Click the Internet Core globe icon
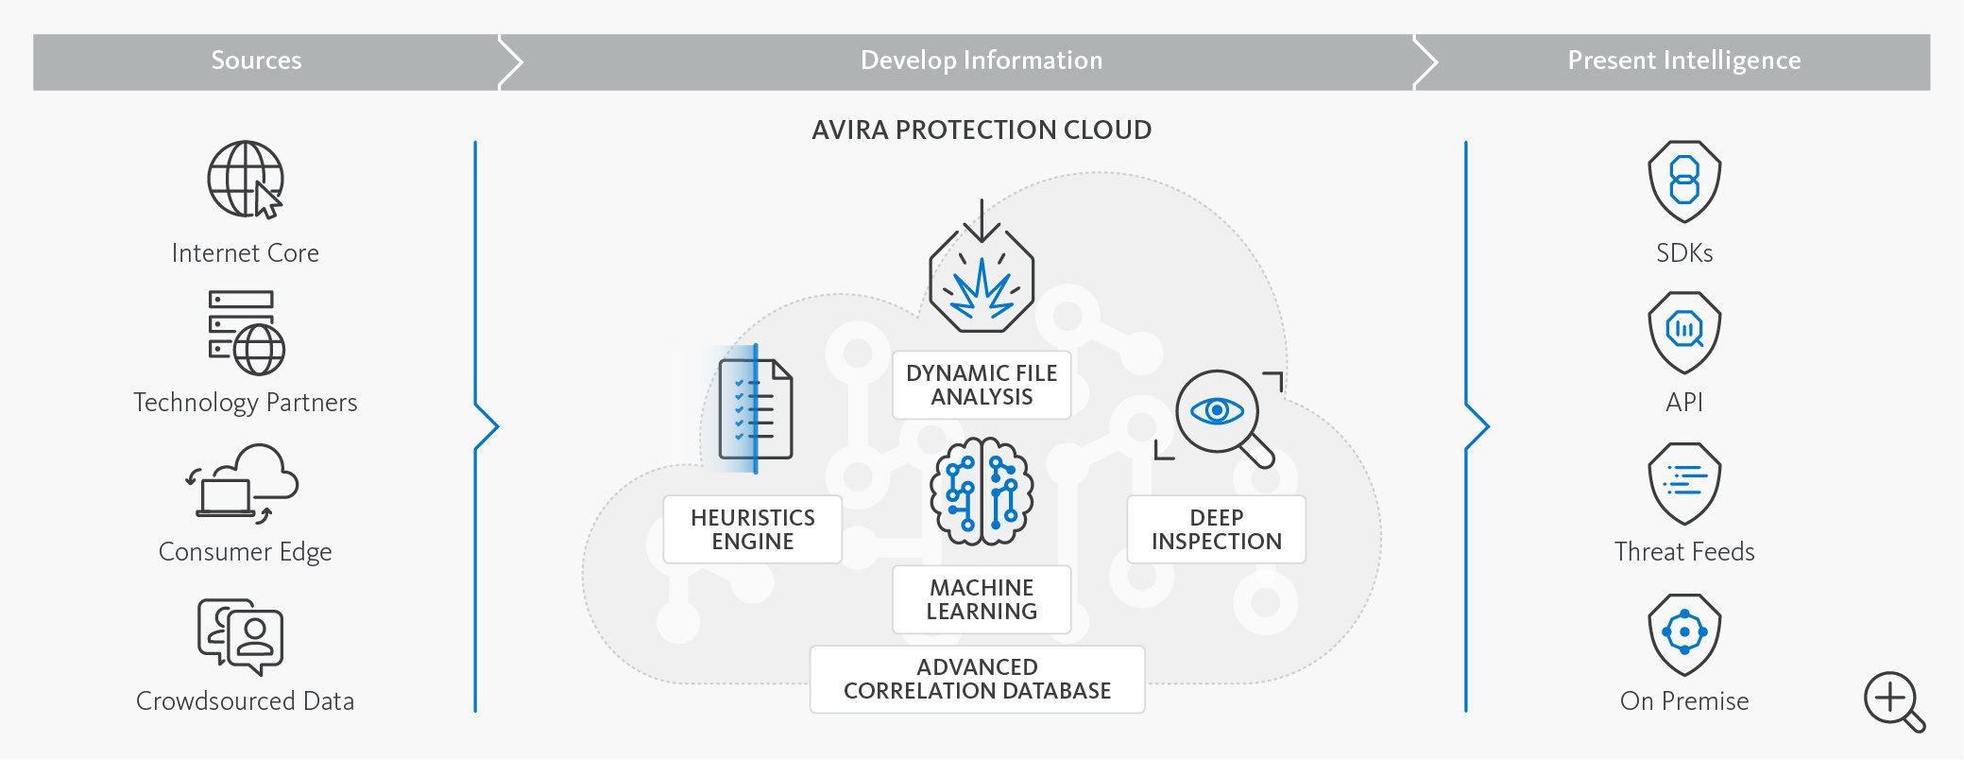pyautogui.click(x=245, y=180)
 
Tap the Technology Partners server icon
pyautogui.click(x=246, y=333)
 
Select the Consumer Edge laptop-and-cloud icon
pyautogui.click(x=244, y=483)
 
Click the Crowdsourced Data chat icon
pyautogui.click(x=241, y=636)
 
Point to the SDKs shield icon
pyautogui.click(x=1684, y=181)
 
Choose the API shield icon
pyautogui.click(x=1684, y=332)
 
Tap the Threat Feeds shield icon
pyautogui.click(x=1684, y=482)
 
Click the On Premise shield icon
pyautogui.click(x=1684, y=633)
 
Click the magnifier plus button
pyautogui.click(x=1892, y=700)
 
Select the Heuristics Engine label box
pyautogui.click(x=753, y=529)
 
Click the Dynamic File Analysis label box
pyautogui.click(x=982, y=385)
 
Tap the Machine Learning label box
pyautogui.click(x=982, y=599)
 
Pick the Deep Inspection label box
pyautogui.click(x=1216, y=529)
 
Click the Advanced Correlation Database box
pyautogui.click(x=977, y=679)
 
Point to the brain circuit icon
pyautogui.click(x=982, y=492)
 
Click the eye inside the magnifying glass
pyautogui.click(x=1217, y=410)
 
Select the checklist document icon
pyautogui.click(x=755, y=409)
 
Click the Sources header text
pyautogui.click(x=256, y=60)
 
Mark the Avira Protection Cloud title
pyautogui.click(x=982, y=130)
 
